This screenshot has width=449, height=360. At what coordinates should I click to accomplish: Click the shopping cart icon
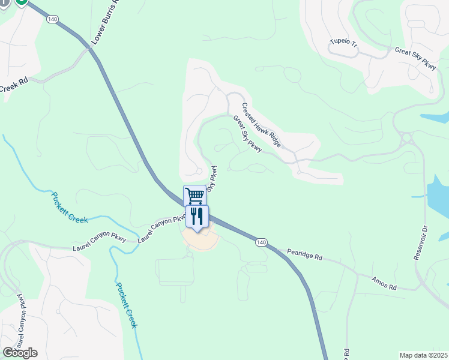pyautogui.click(x=194, y=196)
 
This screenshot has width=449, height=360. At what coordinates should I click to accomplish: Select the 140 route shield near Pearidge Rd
pyautogui.click(x=260, y=242)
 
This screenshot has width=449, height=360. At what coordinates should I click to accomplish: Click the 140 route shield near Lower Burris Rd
pyautogui.click(x=52, y=19)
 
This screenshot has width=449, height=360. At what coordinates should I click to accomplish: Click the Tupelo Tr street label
pyautogui.click(x=343, y=43)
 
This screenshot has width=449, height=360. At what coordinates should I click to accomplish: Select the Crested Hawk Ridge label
pyautogui.click(x=261, y=125)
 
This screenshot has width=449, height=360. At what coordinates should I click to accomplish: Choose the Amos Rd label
pyautogui.click(x=384, y=283)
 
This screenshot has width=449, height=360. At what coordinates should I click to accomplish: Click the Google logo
pyautogui.click(x=20, y=353)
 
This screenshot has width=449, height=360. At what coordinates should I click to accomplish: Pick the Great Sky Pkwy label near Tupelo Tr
pyautogui.click(x=415, y=58)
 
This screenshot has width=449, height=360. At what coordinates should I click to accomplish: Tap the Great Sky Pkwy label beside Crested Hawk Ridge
pyautogui.click(x=247, y=133)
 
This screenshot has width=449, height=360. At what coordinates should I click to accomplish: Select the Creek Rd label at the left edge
pyautogui.click(x=14, y=85)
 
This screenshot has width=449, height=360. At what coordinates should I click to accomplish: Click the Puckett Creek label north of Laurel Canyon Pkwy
pyautogui.click(x=70, y=207)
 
